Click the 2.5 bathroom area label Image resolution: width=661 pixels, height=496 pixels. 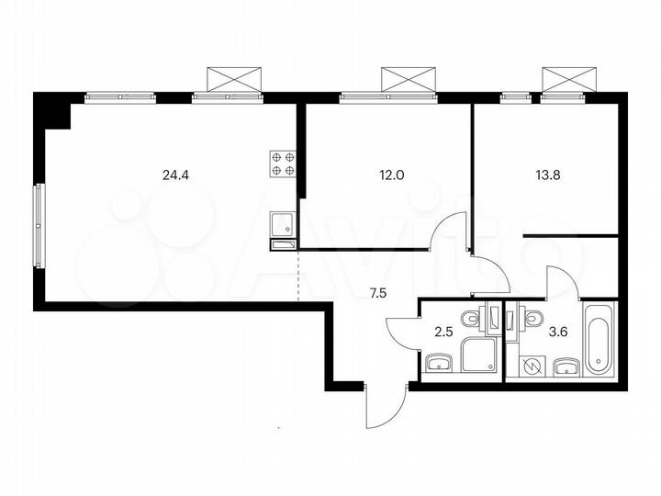[441, 329]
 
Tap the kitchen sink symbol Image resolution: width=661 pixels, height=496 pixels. [281, 221]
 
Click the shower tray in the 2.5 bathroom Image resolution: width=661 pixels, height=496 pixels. [478, 355]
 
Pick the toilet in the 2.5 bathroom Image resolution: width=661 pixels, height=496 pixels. [470, 318]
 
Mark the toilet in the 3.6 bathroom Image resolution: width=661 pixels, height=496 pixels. [532, 318]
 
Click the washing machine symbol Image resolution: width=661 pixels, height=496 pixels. [532, 366]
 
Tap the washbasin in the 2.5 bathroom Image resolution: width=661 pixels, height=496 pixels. [440, 366]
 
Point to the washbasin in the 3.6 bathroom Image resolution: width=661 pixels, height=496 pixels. [565, 368]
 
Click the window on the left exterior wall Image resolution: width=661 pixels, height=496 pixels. [39, 225]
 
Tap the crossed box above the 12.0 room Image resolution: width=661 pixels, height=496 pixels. [409, 78]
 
